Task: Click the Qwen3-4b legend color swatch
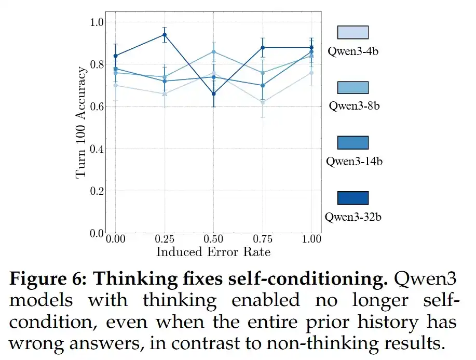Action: [352, 33]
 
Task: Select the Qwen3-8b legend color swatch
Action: [352, 88]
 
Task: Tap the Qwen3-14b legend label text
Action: [354, 161]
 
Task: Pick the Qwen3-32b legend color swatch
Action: [352, 198]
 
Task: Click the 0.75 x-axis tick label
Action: [262, 240]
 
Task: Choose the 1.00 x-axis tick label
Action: [311, 240]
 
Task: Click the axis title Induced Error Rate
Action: [213, 252]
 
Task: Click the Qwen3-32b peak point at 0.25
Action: [164, 35]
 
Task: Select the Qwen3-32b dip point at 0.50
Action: [213, 94]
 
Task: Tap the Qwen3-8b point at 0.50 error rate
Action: [213, 51]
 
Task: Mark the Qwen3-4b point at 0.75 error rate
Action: [263, 102]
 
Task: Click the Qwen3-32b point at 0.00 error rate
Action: [115, 56]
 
